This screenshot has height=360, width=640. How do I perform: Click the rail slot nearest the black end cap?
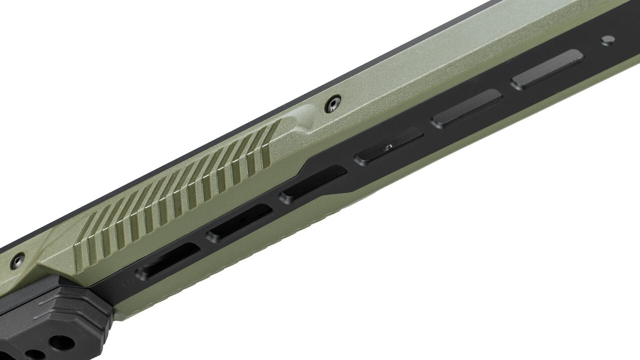tap(168, 260)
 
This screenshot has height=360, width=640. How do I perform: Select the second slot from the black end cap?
tap(239, 223)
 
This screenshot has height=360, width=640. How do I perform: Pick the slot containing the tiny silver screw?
tap(388, 145)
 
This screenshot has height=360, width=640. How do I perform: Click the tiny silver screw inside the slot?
tap(387, 146)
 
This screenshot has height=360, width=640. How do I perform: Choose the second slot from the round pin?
tap(466, 108)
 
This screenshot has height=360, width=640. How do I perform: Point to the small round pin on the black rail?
tap(607, 40)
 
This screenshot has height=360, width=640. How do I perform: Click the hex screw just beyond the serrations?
tap(332, 104)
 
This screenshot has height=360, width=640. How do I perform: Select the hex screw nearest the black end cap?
tap(17, 260)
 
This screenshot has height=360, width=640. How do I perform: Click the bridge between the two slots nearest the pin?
tap(506, 88)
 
